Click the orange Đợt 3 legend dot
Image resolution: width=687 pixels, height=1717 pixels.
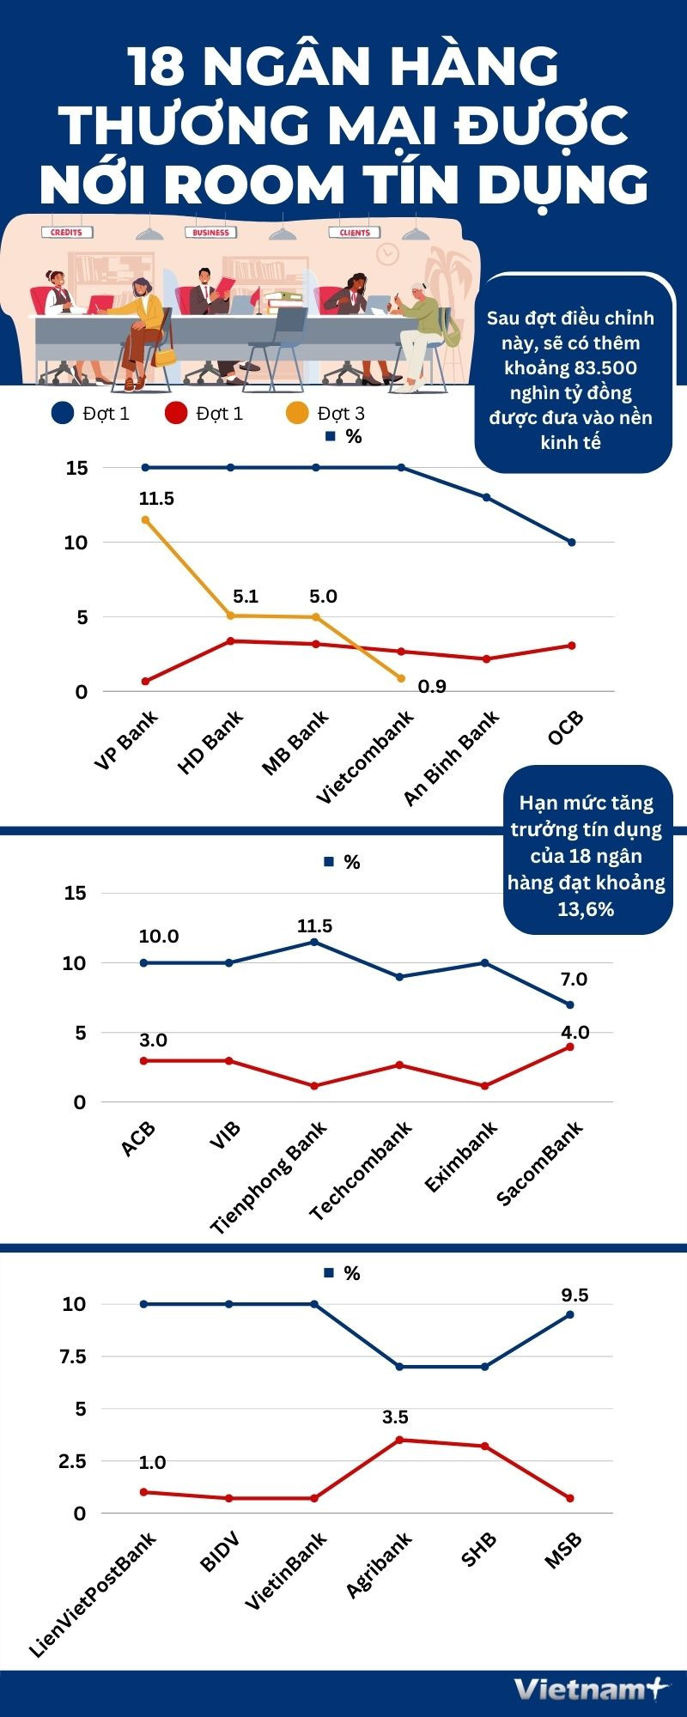point(297,413)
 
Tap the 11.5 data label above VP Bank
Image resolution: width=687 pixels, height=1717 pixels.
point(156,499)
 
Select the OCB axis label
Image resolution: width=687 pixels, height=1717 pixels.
point(566,729)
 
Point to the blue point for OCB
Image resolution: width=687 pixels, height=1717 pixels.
point(572,543)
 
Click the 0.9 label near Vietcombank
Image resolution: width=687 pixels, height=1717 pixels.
point(432,686)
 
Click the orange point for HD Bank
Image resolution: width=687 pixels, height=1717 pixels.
point(231,616)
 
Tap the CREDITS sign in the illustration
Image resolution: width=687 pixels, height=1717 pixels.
point(66,232)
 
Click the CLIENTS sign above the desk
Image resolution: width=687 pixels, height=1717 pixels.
point(355,232)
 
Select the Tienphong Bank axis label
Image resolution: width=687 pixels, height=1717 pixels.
point(269,1177)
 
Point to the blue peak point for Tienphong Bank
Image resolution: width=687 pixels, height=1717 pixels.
point(314,942)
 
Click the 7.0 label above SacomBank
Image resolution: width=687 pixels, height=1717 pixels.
point(574,980)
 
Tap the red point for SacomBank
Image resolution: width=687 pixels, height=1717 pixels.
point(570,1047)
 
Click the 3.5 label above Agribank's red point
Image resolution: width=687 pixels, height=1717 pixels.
point(395,1417)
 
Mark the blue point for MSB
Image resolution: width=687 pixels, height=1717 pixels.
point(570,1314)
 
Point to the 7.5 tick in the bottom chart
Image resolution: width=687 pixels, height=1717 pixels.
point(73,1356)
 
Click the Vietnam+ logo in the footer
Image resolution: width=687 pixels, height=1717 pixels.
point(590,1690)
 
